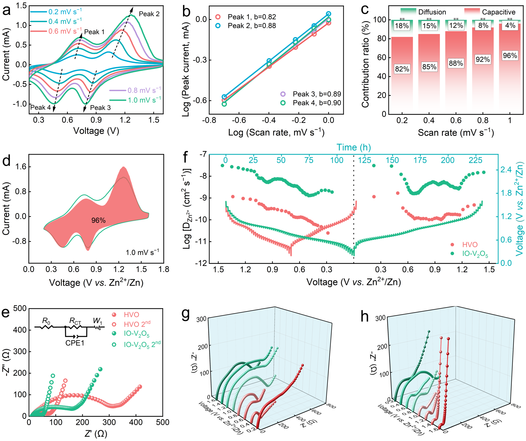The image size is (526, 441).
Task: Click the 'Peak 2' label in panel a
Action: tap(149, 14)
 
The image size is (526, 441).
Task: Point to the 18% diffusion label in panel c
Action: tap(402, 26)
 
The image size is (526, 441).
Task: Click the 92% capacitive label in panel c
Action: tap(483, 59)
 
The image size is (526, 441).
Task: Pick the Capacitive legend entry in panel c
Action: tap(499, 12)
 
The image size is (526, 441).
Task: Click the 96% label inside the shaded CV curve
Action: tap(98, 220)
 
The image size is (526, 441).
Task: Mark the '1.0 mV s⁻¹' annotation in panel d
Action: tap(142, 252)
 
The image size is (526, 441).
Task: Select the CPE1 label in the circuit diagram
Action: tap(75, 343)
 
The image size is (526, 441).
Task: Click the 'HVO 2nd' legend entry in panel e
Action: tap(137, 324)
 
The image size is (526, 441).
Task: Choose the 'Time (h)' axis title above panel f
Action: tap(354, 147)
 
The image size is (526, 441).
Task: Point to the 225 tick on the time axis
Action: tap(475, 160)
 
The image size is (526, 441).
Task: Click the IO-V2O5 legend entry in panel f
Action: tap(475, 254)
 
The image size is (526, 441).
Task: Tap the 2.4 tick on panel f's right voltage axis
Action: tap(506, 170)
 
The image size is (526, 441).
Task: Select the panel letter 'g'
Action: tap(185, 314)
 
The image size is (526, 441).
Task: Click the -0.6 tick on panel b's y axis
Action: tap(200, 101)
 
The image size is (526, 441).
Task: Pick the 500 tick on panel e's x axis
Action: tap(163, 422)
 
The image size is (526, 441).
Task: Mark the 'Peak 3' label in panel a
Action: tap(100, 108)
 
